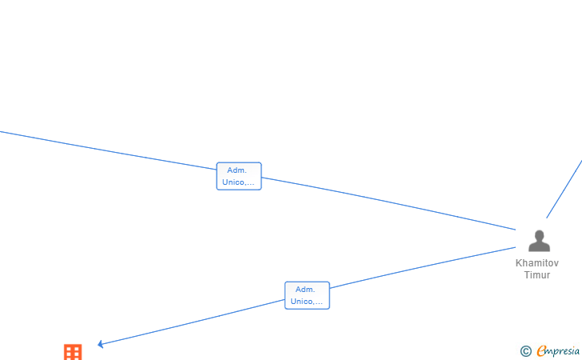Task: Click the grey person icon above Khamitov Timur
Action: tap(540, 242)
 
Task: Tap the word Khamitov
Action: tap(537, 263)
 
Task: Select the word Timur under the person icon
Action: tap(537, 275)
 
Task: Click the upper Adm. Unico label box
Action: tap(239, 176)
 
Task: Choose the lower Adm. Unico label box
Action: tap(307, 295)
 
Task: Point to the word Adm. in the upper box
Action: tap(237, 170)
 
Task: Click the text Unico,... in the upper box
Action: tap(239, 182)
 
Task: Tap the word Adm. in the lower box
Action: tap(305, 290)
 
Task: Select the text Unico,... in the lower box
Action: tap(307, 302)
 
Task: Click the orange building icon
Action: tap(73, 352)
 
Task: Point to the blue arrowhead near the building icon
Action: tap(101, 344)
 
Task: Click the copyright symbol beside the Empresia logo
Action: tap(525, 350)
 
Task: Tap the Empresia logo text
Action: tap(559, 350)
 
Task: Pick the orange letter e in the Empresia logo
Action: tap(542, 350)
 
